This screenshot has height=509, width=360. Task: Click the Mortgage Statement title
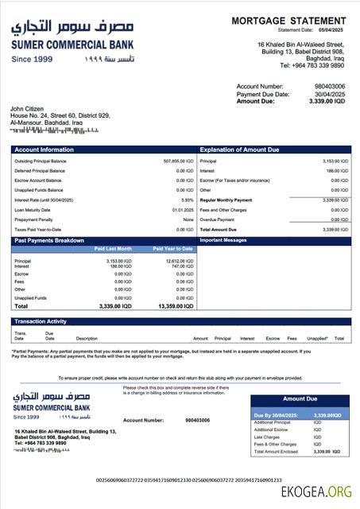[289, 21]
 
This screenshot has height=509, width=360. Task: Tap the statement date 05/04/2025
[333, 29]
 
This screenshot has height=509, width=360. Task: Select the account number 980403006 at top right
[330, 86]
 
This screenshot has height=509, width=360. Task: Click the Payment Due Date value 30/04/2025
[330, 94]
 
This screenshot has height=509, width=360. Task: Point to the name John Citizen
[29, 108]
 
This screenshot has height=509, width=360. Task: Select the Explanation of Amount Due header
[239, 150]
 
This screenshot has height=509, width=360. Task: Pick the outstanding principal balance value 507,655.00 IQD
[178, 161]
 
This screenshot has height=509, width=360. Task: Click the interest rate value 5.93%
[188, 200]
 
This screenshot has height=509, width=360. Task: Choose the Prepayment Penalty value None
[188, 220]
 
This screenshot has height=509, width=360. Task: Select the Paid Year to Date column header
[172, 249]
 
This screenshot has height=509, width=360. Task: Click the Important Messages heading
[224, 239]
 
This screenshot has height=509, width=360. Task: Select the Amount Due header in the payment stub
[300, 398]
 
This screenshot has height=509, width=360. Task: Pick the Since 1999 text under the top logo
[33, 59]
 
